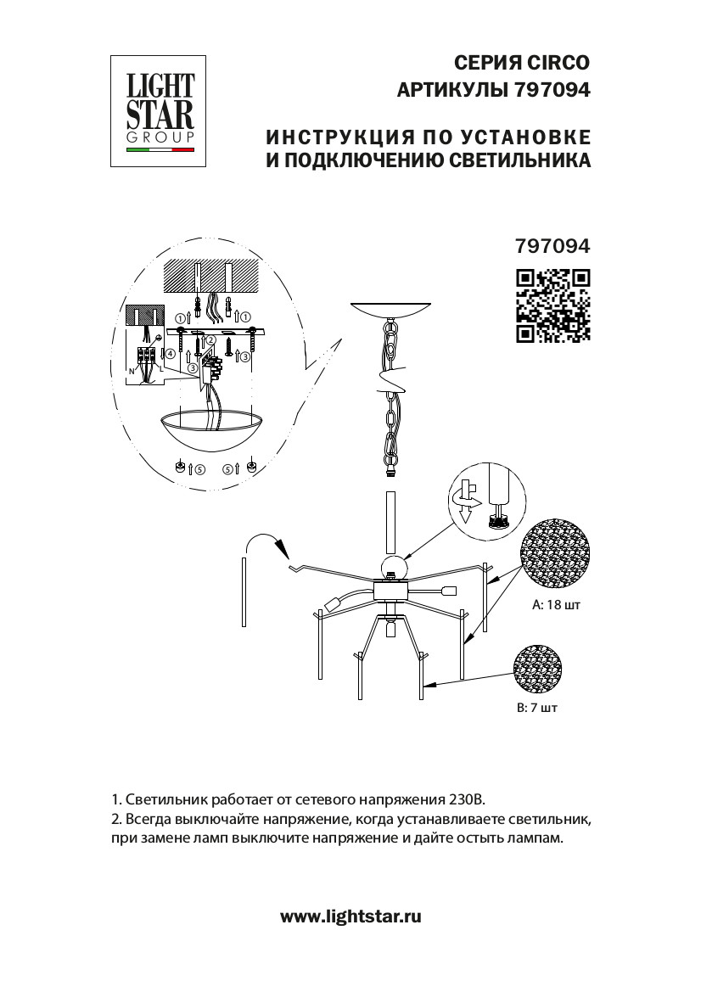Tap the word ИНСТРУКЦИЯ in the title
329,137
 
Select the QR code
553,305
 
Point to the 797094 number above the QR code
552,246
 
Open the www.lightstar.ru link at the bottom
350,916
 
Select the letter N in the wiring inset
131,372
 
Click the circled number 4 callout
170,353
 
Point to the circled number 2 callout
210,341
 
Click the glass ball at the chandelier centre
393,567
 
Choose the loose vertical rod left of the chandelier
244,591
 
